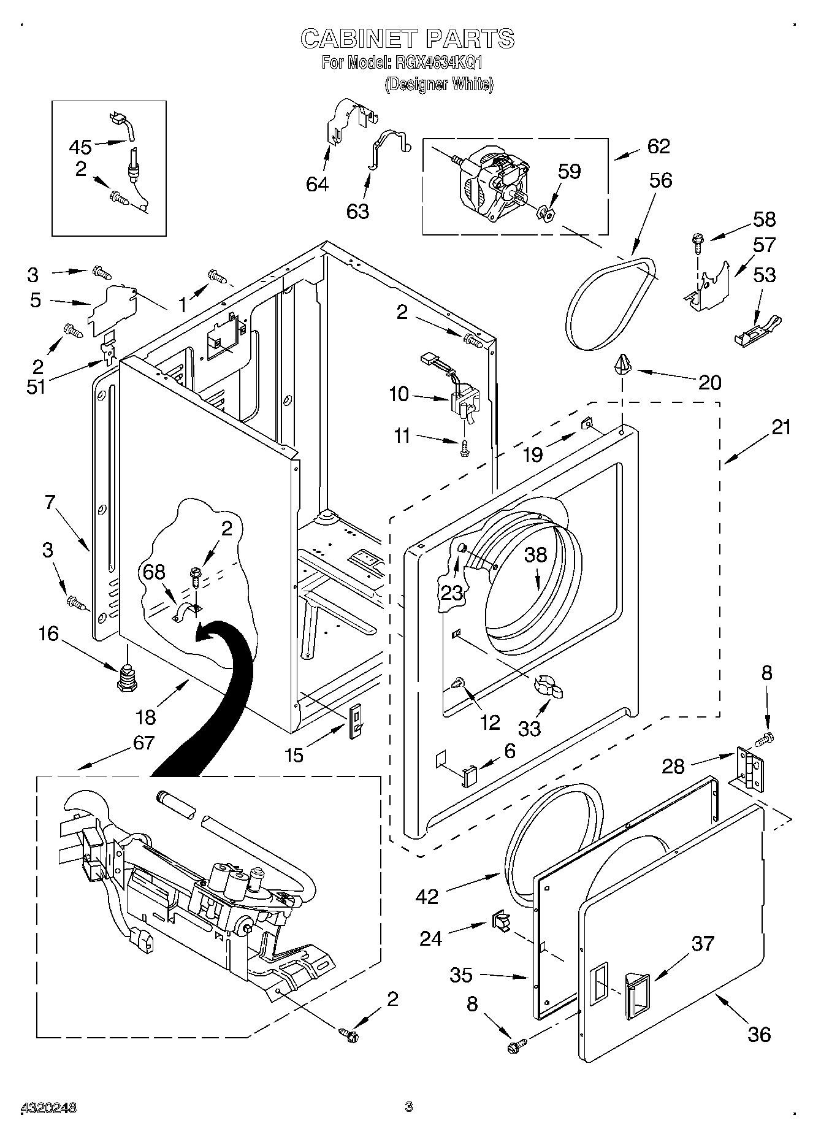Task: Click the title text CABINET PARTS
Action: [407, 39]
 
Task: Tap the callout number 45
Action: [80, 147]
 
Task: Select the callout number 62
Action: [659, 147]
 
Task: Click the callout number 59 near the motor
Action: [569, 171]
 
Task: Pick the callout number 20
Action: [710, 383]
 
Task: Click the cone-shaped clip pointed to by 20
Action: [623, 366]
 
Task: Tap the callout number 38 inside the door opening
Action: [535, 554]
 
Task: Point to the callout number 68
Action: [154, 572]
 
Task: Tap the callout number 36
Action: [759, 1035]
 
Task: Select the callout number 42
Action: [427, 897]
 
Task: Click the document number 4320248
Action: [49, 1108]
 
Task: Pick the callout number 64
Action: [318, 183]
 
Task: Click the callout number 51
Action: [37, 388]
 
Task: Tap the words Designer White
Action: [438, 85]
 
